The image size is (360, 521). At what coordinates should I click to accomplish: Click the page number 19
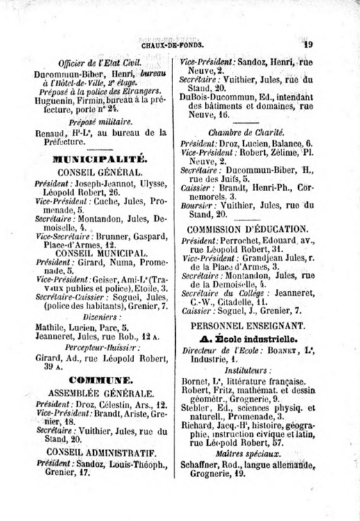coord(308,44)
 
